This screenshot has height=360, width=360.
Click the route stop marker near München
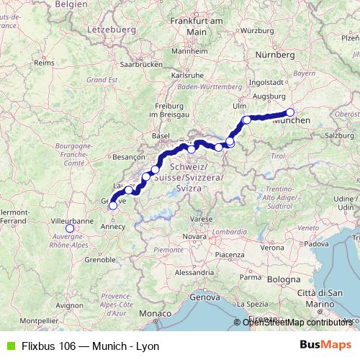290,112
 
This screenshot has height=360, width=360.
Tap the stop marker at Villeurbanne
69,229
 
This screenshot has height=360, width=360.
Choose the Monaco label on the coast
156,314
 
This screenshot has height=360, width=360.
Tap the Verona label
272,247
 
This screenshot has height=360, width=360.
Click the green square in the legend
9,346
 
